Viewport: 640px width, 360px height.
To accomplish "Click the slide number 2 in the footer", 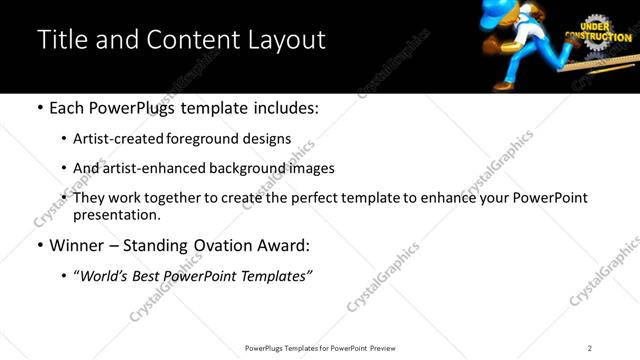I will (x=589, y=348).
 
